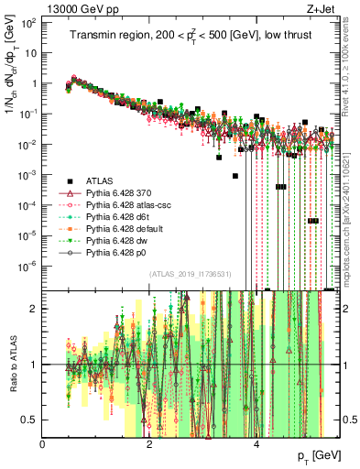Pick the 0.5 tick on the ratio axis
pyautogui.click(x=30, y=420)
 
